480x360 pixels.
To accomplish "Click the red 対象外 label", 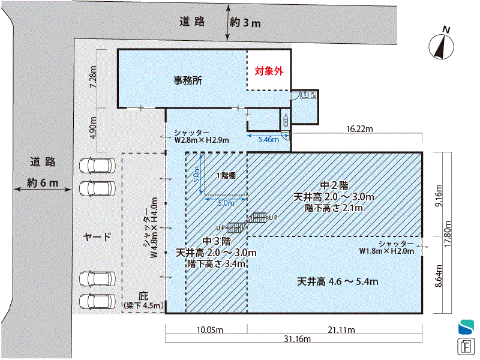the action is (x=269, y=71).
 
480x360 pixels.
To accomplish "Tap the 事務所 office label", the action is (x=188, y=80).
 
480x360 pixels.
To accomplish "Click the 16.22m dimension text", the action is (x=359, y=129).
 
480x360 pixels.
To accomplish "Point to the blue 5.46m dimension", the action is (x=268, y=140).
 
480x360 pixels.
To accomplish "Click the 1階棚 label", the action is (x=226, y=176).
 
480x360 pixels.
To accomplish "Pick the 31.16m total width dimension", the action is (x=297, y=339).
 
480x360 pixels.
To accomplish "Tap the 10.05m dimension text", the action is (x=209, y=330).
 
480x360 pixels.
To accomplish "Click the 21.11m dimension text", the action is (x=341, y=330).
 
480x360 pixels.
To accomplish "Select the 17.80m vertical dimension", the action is (x=448, y=233).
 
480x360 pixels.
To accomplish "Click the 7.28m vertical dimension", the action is (x=93, y=77).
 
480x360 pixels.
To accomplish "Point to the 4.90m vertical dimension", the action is (x=93, y=128).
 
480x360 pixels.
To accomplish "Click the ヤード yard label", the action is (x=97, y=236).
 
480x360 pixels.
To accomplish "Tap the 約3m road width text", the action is (x=245, y=23).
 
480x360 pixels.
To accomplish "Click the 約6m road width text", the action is (x=43, y=183).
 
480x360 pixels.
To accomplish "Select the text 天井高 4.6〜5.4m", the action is (x=338, y=281).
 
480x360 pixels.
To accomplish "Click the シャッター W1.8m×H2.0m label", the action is (x=386, y=247).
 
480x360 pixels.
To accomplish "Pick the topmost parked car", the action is (x=97, y=166).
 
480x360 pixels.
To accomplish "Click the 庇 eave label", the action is (x=143, y=296).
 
